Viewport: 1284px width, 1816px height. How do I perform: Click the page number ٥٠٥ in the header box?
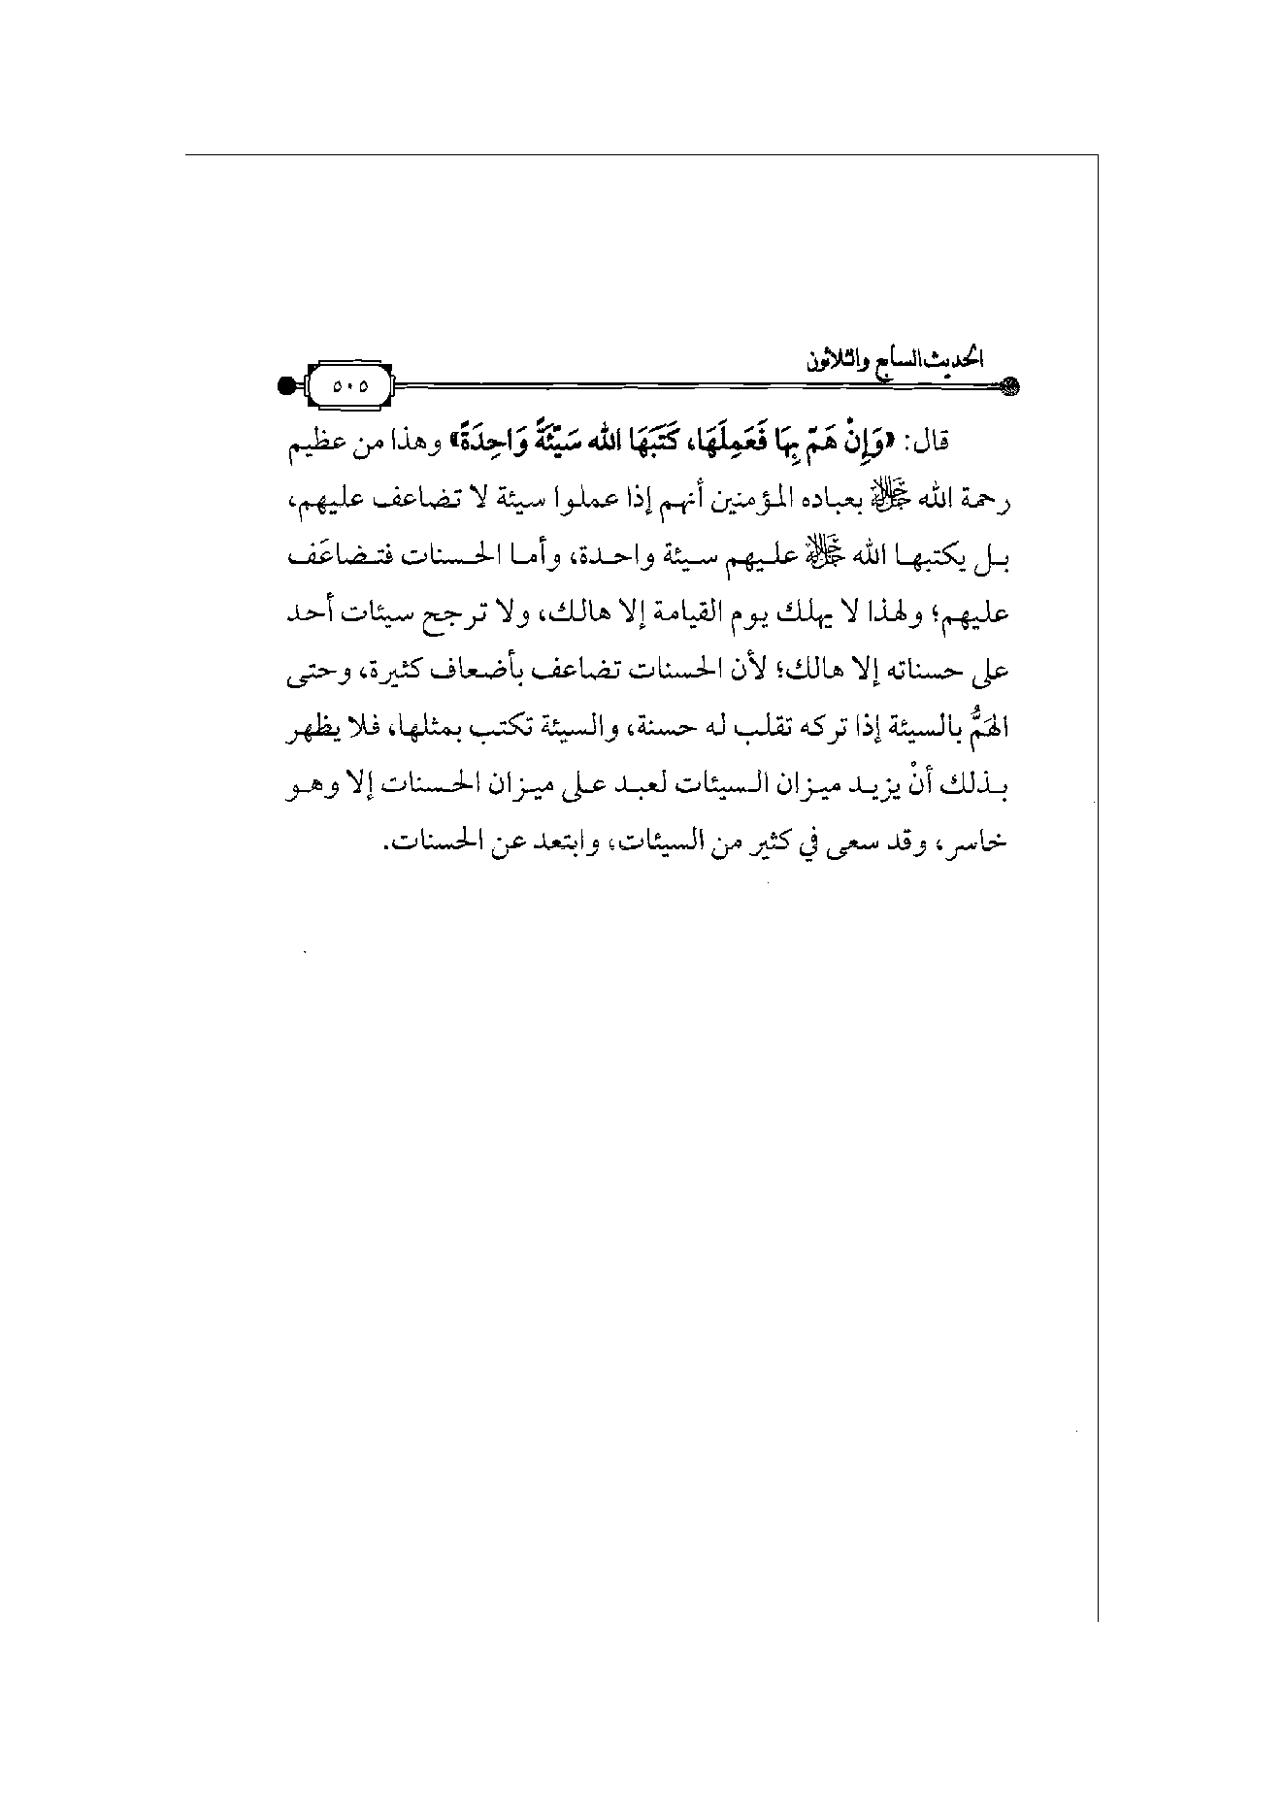pyautogui.click(x=349, y=385)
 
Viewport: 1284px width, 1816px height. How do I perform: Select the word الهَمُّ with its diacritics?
pyautogui.click(x=988, y=726)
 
